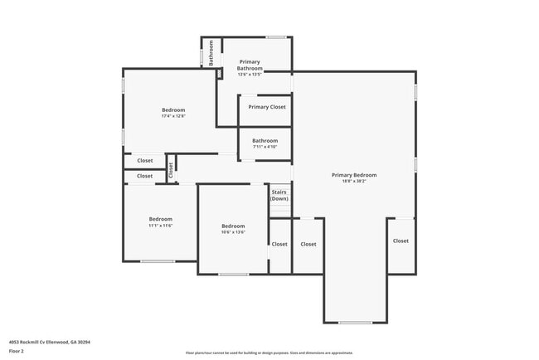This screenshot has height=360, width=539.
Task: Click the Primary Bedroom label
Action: (354, 175)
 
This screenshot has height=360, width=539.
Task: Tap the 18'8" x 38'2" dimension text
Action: (354, 181)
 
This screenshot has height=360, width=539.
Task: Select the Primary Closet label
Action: (266, 107)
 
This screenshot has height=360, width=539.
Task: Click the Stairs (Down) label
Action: (279, 196)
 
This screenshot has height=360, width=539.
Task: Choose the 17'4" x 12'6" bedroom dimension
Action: (173, 116)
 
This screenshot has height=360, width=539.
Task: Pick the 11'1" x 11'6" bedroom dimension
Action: (160, 225)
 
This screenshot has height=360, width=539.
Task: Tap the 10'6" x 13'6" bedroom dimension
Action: (233, 232)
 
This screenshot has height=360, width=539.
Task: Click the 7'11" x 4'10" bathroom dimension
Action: (265, 147)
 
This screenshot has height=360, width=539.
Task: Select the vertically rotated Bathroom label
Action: (211, 53)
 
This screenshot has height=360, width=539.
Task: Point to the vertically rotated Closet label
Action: (171, 169)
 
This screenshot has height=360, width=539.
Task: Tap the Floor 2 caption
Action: (17, 349)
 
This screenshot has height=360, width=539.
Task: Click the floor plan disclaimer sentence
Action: (269, 353)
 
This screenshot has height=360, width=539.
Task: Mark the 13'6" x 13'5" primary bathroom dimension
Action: (250, 75)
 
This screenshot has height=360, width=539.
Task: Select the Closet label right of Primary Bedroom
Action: (401, 241)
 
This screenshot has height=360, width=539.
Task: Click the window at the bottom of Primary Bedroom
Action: (356, 322)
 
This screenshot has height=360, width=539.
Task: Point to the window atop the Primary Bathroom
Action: (276, 36)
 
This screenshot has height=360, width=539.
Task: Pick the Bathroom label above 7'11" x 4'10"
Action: (265, 140)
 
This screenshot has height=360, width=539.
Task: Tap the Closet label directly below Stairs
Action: (279, 244)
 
